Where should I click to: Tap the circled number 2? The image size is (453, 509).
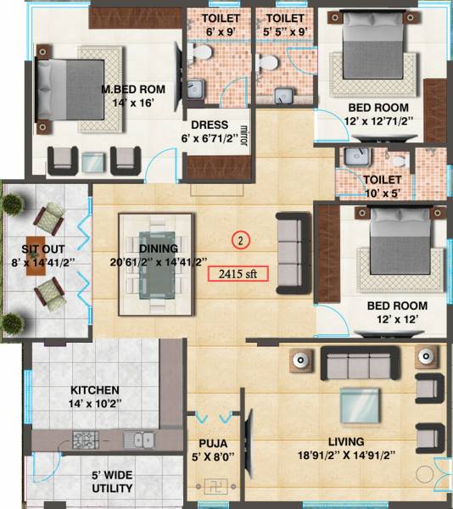pos(242,241)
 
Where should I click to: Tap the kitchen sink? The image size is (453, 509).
pos(137,439)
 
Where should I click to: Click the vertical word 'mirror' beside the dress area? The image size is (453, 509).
pos(244,136)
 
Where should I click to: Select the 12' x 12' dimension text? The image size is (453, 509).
pos(396,321)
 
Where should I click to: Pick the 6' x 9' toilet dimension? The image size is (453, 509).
pos(209,32)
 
